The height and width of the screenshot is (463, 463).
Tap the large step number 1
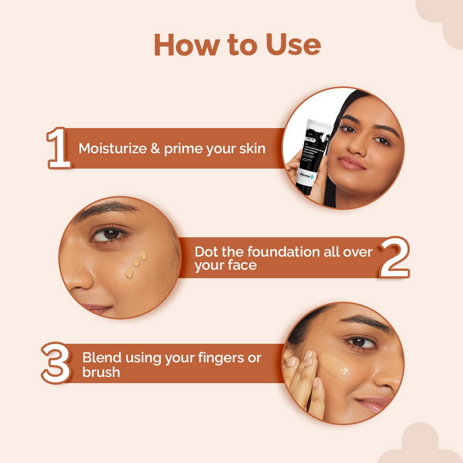tap(59, 149)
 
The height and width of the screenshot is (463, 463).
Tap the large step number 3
tap(56, 363)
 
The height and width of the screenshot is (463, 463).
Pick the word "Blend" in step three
tap(99, 357)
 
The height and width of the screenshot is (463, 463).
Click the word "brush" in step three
tap(101, 372)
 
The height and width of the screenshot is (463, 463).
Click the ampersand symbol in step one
tap(154, 148)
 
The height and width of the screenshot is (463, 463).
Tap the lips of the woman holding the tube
tap(352, 163)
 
